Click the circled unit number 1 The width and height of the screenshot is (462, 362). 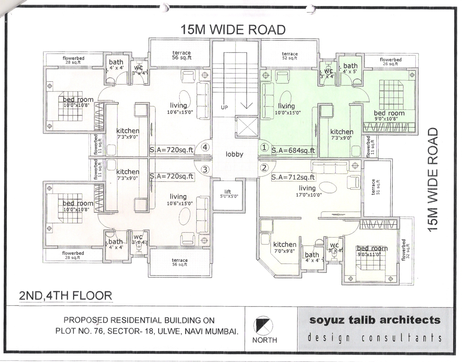pyautogui.click(x=264, y=148)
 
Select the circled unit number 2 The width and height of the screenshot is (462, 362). pyautogui.click(x=264, y=168)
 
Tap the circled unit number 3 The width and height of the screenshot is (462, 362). pyautogui.click(x=205, y=169)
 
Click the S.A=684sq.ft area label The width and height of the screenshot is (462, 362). pyautogui.click(x=293, y=150)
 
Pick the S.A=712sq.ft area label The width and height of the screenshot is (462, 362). pyautogui.click(x=293, y=177)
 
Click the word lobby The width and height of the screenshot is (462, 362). pyautogui.click(x=234, y=154)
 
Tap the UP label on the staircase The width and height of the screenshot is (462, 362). pyautogui.click(x=225, y=107)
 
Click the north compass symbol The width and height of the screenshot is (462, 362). pyautogui.click(x=265, y=324)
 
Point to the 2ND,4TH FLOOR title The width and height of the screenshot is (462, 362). pyautogui.click(x=65, y=296)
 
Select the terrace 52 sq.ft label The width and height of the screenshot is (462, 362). pyautogui.click(x=290, y=56)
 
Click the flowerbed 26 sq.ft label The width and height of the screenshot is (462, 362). pyautogui.click(x=390, y=62)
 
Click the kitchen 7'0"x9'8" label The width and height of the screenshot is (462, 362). pyautogui.click(x=285, y=247)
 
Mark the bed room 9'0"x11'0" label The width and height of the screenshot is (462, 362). pyautogui.click(x=372, y=252)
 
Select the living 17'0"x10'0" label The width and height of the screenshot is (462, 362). pyautogui.click(x=307, y=191)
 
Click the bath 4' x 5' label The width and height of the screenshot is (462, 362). pyautogui.click(x=350, y=69)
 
